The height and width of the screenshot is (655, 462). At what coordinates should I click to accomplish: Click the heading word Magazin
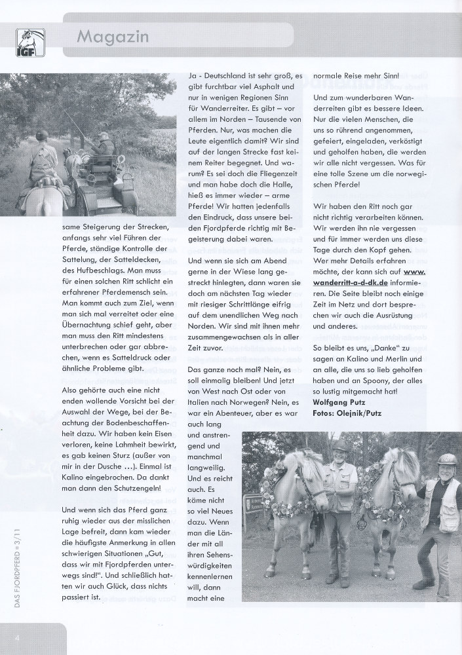click(x=113, y=37)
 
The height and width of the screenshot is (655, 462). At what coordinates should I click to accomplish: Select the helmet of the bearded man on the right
click(x=447, y=459)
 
